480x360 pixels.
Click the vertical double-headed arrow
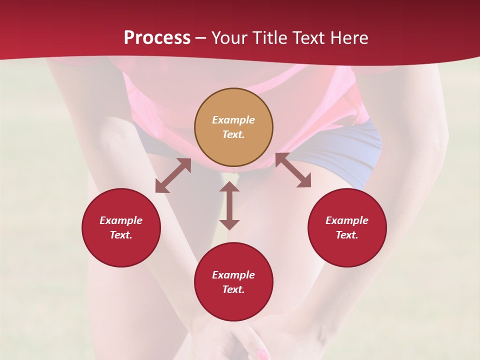[x=229, y=205]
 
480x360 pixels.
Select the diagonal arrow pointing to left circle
[x=173, y=175]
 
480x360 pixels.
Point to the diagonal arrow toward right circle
[x=293, y=170]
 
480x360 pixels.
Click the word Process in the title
[x=157, y=38]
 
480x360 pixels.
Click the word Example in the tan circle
[x=233, y=120]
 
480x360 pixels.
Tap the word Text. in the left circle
[x=121, y=235]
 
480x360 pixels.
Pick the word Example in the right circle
[x=347, y=220]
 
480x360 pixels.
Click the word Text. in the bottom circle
[x=233, y=289]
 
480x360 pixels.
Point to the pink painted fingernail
[x=261, y=354]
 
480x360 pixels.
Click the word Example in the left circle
[x=121, y=220]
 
